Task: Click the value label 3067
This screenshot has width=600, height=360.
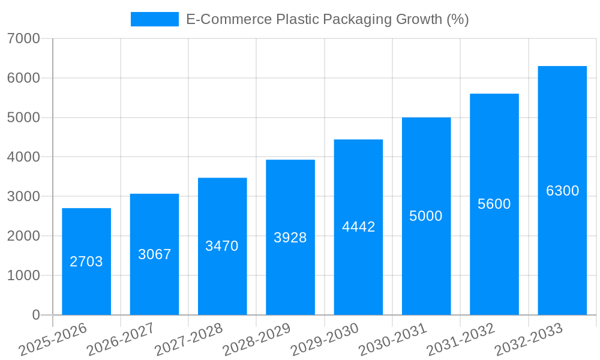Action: coord(155,254)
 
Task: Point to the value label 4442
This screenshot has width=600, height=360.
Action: coord(358,227)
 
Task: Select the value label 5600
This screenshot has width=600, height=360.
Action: coord(494,204)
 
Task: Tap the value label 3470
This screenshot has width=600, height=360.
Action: coord(222,246)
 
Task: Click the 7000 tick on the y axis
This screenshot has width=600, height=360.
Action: coord(23,39)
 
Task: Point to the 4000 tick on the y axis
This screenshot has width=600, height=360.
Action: coord(23,157)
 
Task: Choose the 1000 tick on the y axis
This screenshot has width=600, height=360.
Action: coord(23,276)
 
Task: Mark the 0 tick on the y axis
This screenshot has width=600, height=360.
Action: coord(35,315)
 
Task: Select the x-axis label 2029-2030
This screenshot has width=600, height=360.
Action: coord(325,340)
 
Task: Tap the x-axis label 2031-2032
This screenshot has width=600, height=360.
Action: coord(461,340)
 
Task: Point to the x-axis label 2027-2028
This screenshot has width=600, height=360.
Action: coord(189,340)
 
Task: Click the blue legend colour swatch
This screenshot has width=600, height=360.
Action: coord(155,20)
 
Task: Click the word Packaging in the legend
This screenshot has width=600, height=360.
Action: coord(358,20)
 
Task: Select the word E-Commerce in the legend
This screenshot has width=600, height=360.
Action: coord(228,20)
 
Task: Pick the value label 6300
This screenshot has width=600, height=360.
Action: coord(562,191)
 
